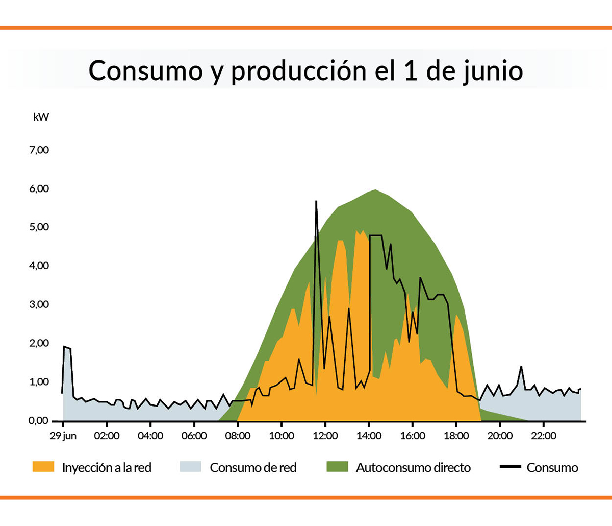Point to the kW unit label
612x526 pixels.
41,117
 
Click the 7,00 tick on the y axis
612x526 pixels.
39,150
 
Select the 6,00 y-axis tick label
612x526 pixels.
39,189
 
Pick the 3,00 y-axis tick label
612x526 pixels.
39,305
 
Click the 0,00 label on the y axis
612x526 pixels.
38,421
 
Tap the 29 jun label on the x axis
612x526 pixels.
63,436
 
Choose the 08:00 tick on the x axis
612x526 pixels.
238,436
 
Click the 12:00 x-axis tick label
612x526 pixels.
325,436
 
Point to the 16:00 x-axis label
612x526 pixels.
413,436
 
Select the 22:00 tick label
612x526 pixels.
544,436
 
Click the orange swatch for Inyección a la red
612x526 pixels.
43,467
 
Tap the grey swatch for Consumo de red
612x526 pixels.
191,467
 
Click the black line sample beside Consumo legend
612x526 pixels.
510,467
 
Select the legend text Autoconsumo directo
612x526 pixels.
413,468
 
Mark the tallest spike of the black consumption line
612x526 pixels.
316,202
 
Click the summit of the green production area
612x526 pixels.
375,190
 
